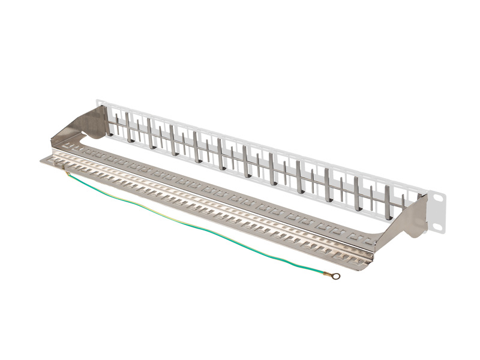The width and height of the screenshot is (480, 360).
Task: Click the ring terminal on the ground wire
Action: tap(335, 277)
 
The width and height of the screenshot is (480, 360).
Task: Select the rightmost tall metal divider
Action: tap(388, 201)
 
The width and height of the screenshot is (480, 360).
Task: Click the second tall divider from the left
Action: tap(127, 128)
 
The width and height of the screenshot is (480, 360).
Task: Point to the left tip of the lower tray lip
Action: tap(42, 160)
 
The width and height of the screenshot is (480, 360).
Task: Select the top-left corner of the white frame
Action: tap(98, 101)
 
